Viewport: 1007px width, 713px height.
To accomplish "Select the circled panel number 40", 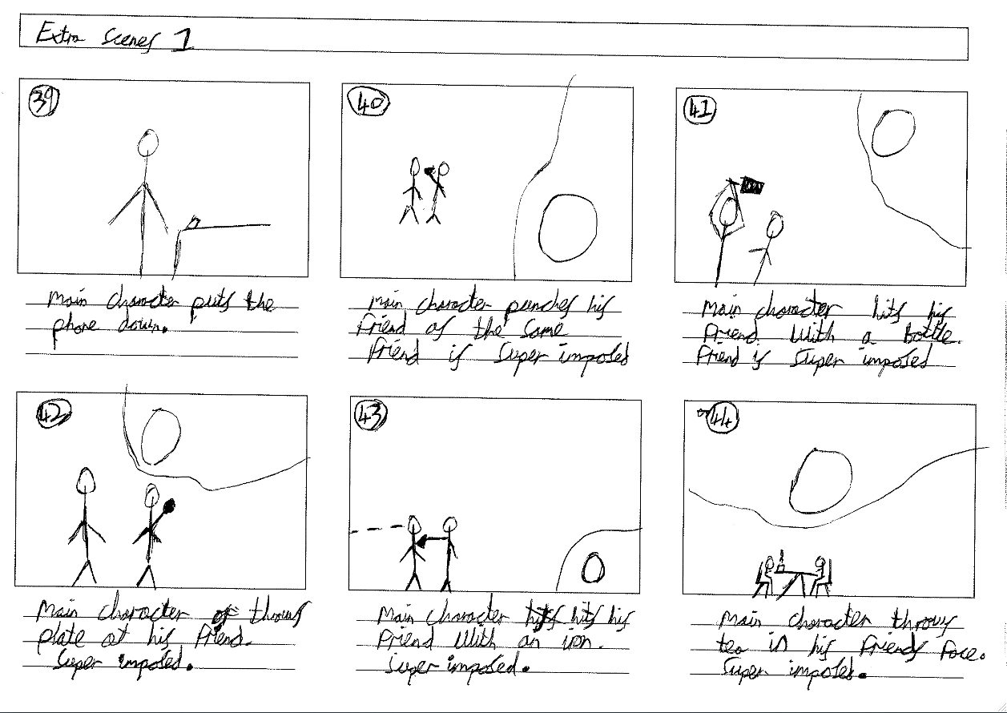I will (x=368, y=103).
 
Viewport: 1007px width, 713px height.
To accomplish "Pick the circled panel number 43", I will (x=370, y=415).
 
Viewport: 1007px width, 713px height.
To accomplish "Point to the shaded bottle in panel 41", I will (x=751, y=187).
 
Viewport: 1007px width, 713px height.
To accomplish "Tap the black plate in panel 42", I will (x=168, y=506).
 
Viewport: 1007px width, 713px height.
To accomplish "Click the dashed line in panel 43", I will (x=377, y=530).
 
